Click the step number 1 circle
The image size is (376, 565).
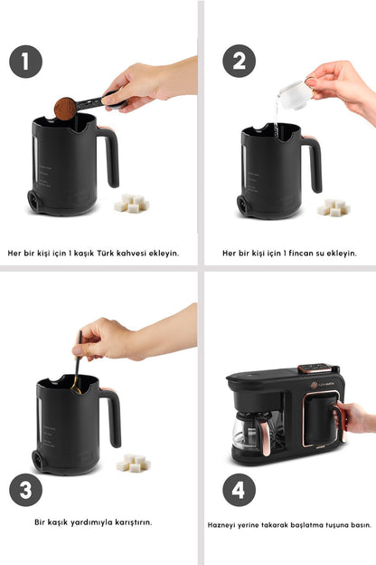pyautogui.click(x=26, y=62)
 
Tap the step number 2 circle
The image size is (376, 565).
pyautogui.click(x=239, y=62)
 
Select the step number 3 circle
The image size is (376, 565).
pyautogui.click(x=26, y=490)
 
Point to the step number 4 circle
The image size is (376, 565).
pyautogui.click(x=239, y=490)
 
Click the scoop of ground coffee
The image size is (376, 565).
pyautogui.click(x=64, y=109)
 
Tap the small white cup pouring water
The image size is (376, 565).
pyautogui.click(x=294, y=94)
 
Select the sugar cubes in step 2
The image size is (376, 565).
pyautogui.click(x=334, y=207)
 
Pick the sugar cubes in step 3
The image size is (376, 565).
pyautogui.click(x=133, y=462)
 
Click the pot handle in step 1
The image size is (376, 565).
pyautogui.click(x=110, y=156)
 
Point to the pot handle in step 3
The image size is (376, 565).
pyautogui.click(x=111, y=416)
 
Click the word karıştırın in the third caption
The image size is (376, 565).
pyautogui.click(x=130, y=522)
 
